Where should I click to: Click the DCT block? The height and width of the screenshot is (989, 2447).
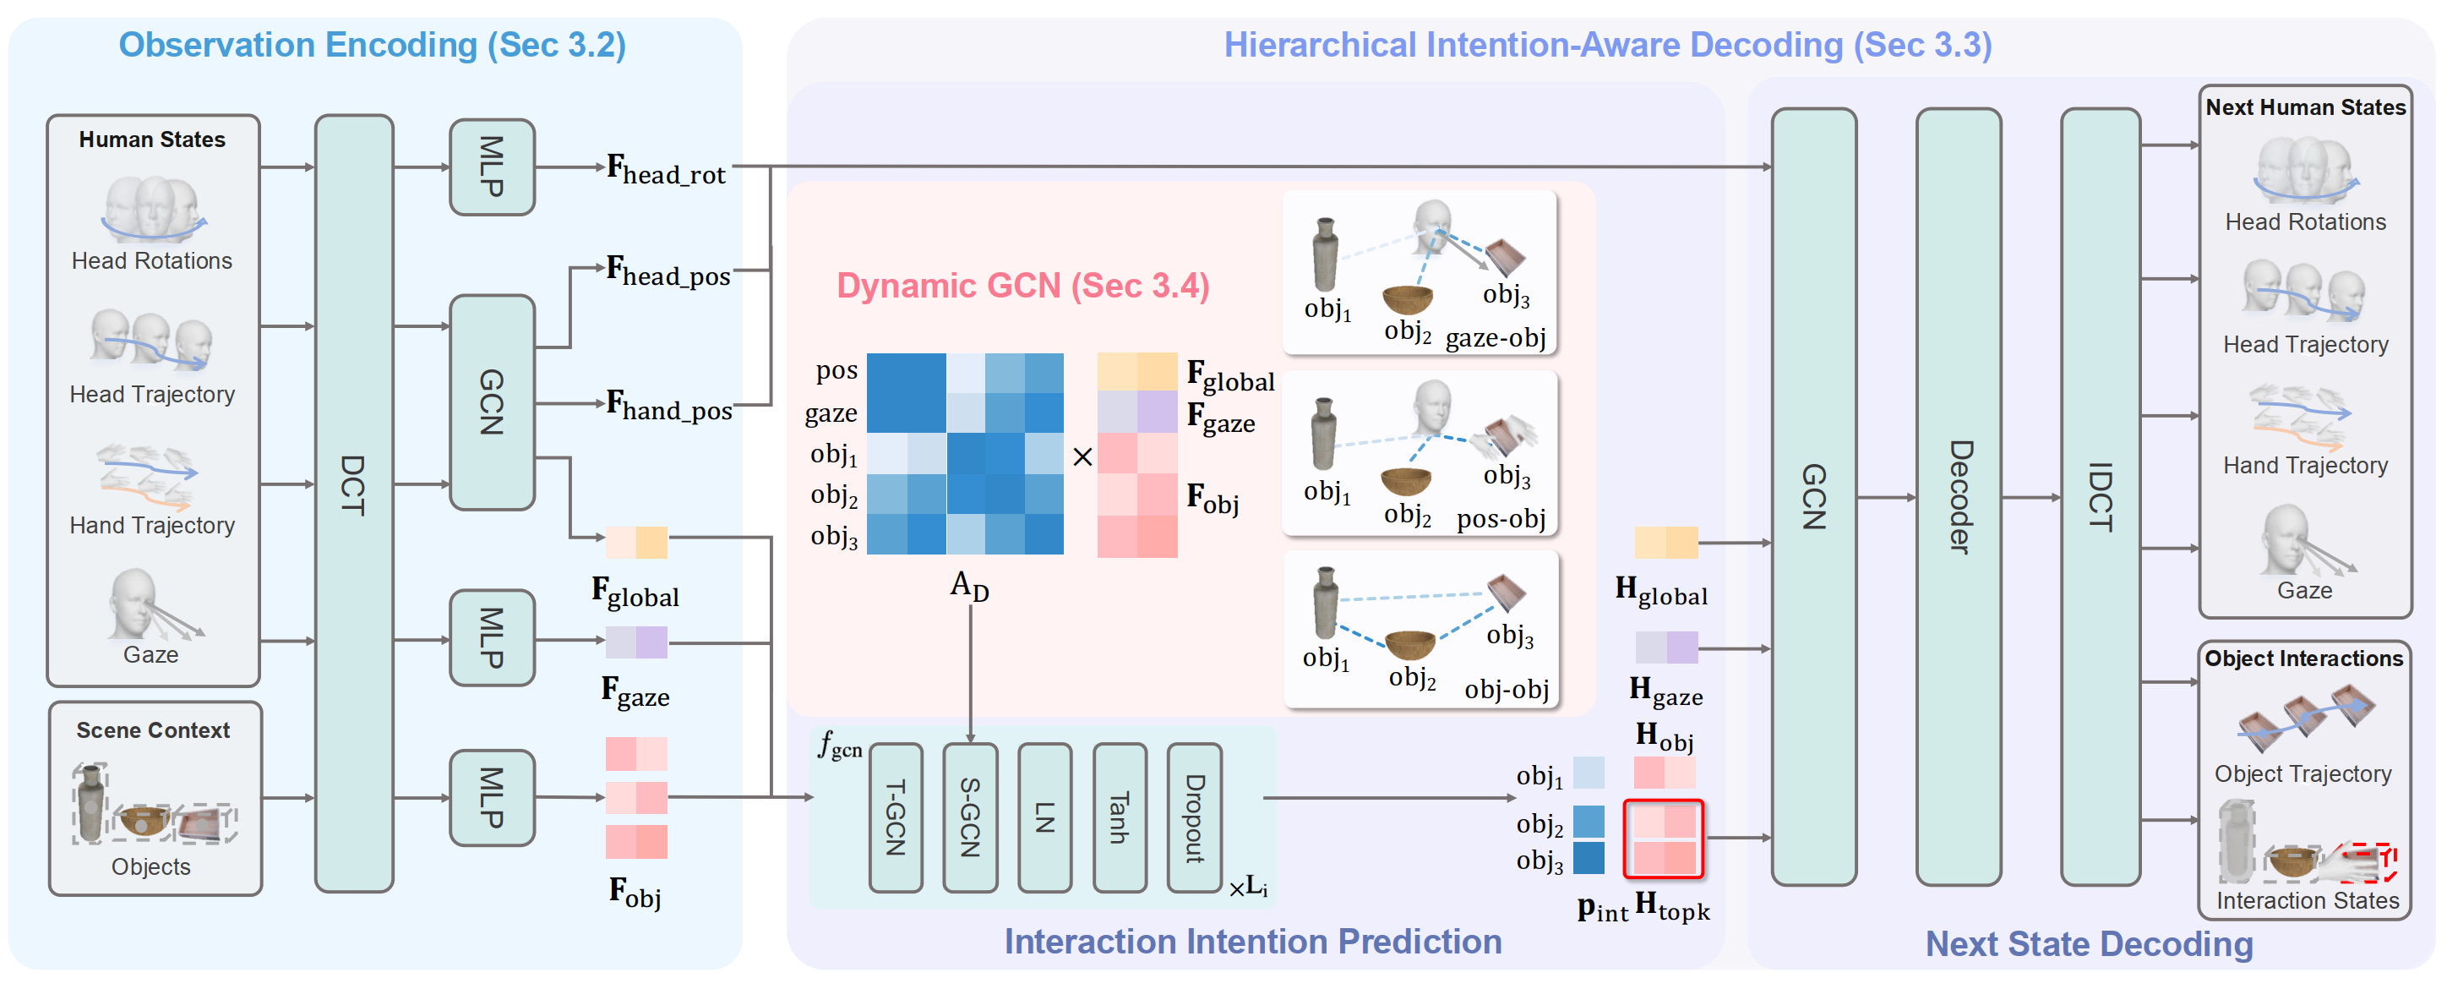coord(353,503)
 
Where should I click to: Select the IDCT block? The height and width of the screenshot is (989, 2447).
coord(2100,497)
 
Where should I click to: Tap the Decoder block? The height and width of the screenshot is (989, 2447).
coord(1958,497)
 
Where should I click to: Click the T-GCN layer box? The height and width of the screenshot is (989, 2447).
coord(895,817)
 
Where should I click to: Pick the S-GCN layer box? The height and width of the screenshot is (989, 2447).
coord(970,817)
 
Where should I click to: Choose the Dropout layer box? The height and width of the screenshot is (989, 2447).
coord(1194,817)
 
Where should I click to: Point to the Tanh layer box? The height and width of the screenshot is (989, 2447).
coord(1119,817)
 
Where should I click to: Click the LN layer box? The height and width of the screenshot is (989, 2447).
coord(1044,817)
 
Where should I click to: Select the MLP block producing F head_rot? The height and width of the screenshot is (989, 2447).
coord(491,167)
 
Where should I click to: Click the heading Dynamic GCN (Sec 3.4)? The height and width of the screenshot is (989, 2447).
coord(1022,286)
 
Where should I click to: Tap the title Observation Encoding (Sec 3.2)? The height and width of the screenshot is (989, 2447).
coord(372,45)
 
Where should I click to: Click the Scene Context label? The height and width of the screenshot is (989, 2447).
coord(153,729)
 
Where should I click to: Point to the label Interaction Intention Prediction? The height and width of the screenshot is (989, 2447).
coord(1252,941)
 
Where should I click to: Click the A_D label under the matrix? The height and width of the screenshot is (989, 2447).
coord(969,585)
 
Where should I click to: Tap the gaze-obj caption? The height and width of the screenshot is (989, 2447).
coord(1496,338)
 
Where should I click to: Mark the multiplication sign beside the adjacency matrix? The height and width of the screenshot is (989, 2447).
coord(1082,457)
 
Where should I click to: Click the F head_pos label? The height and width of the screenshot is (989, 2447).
coord(668,271)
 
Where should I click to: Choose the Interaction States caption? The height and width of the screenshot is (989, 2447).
coord(2307,899)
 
